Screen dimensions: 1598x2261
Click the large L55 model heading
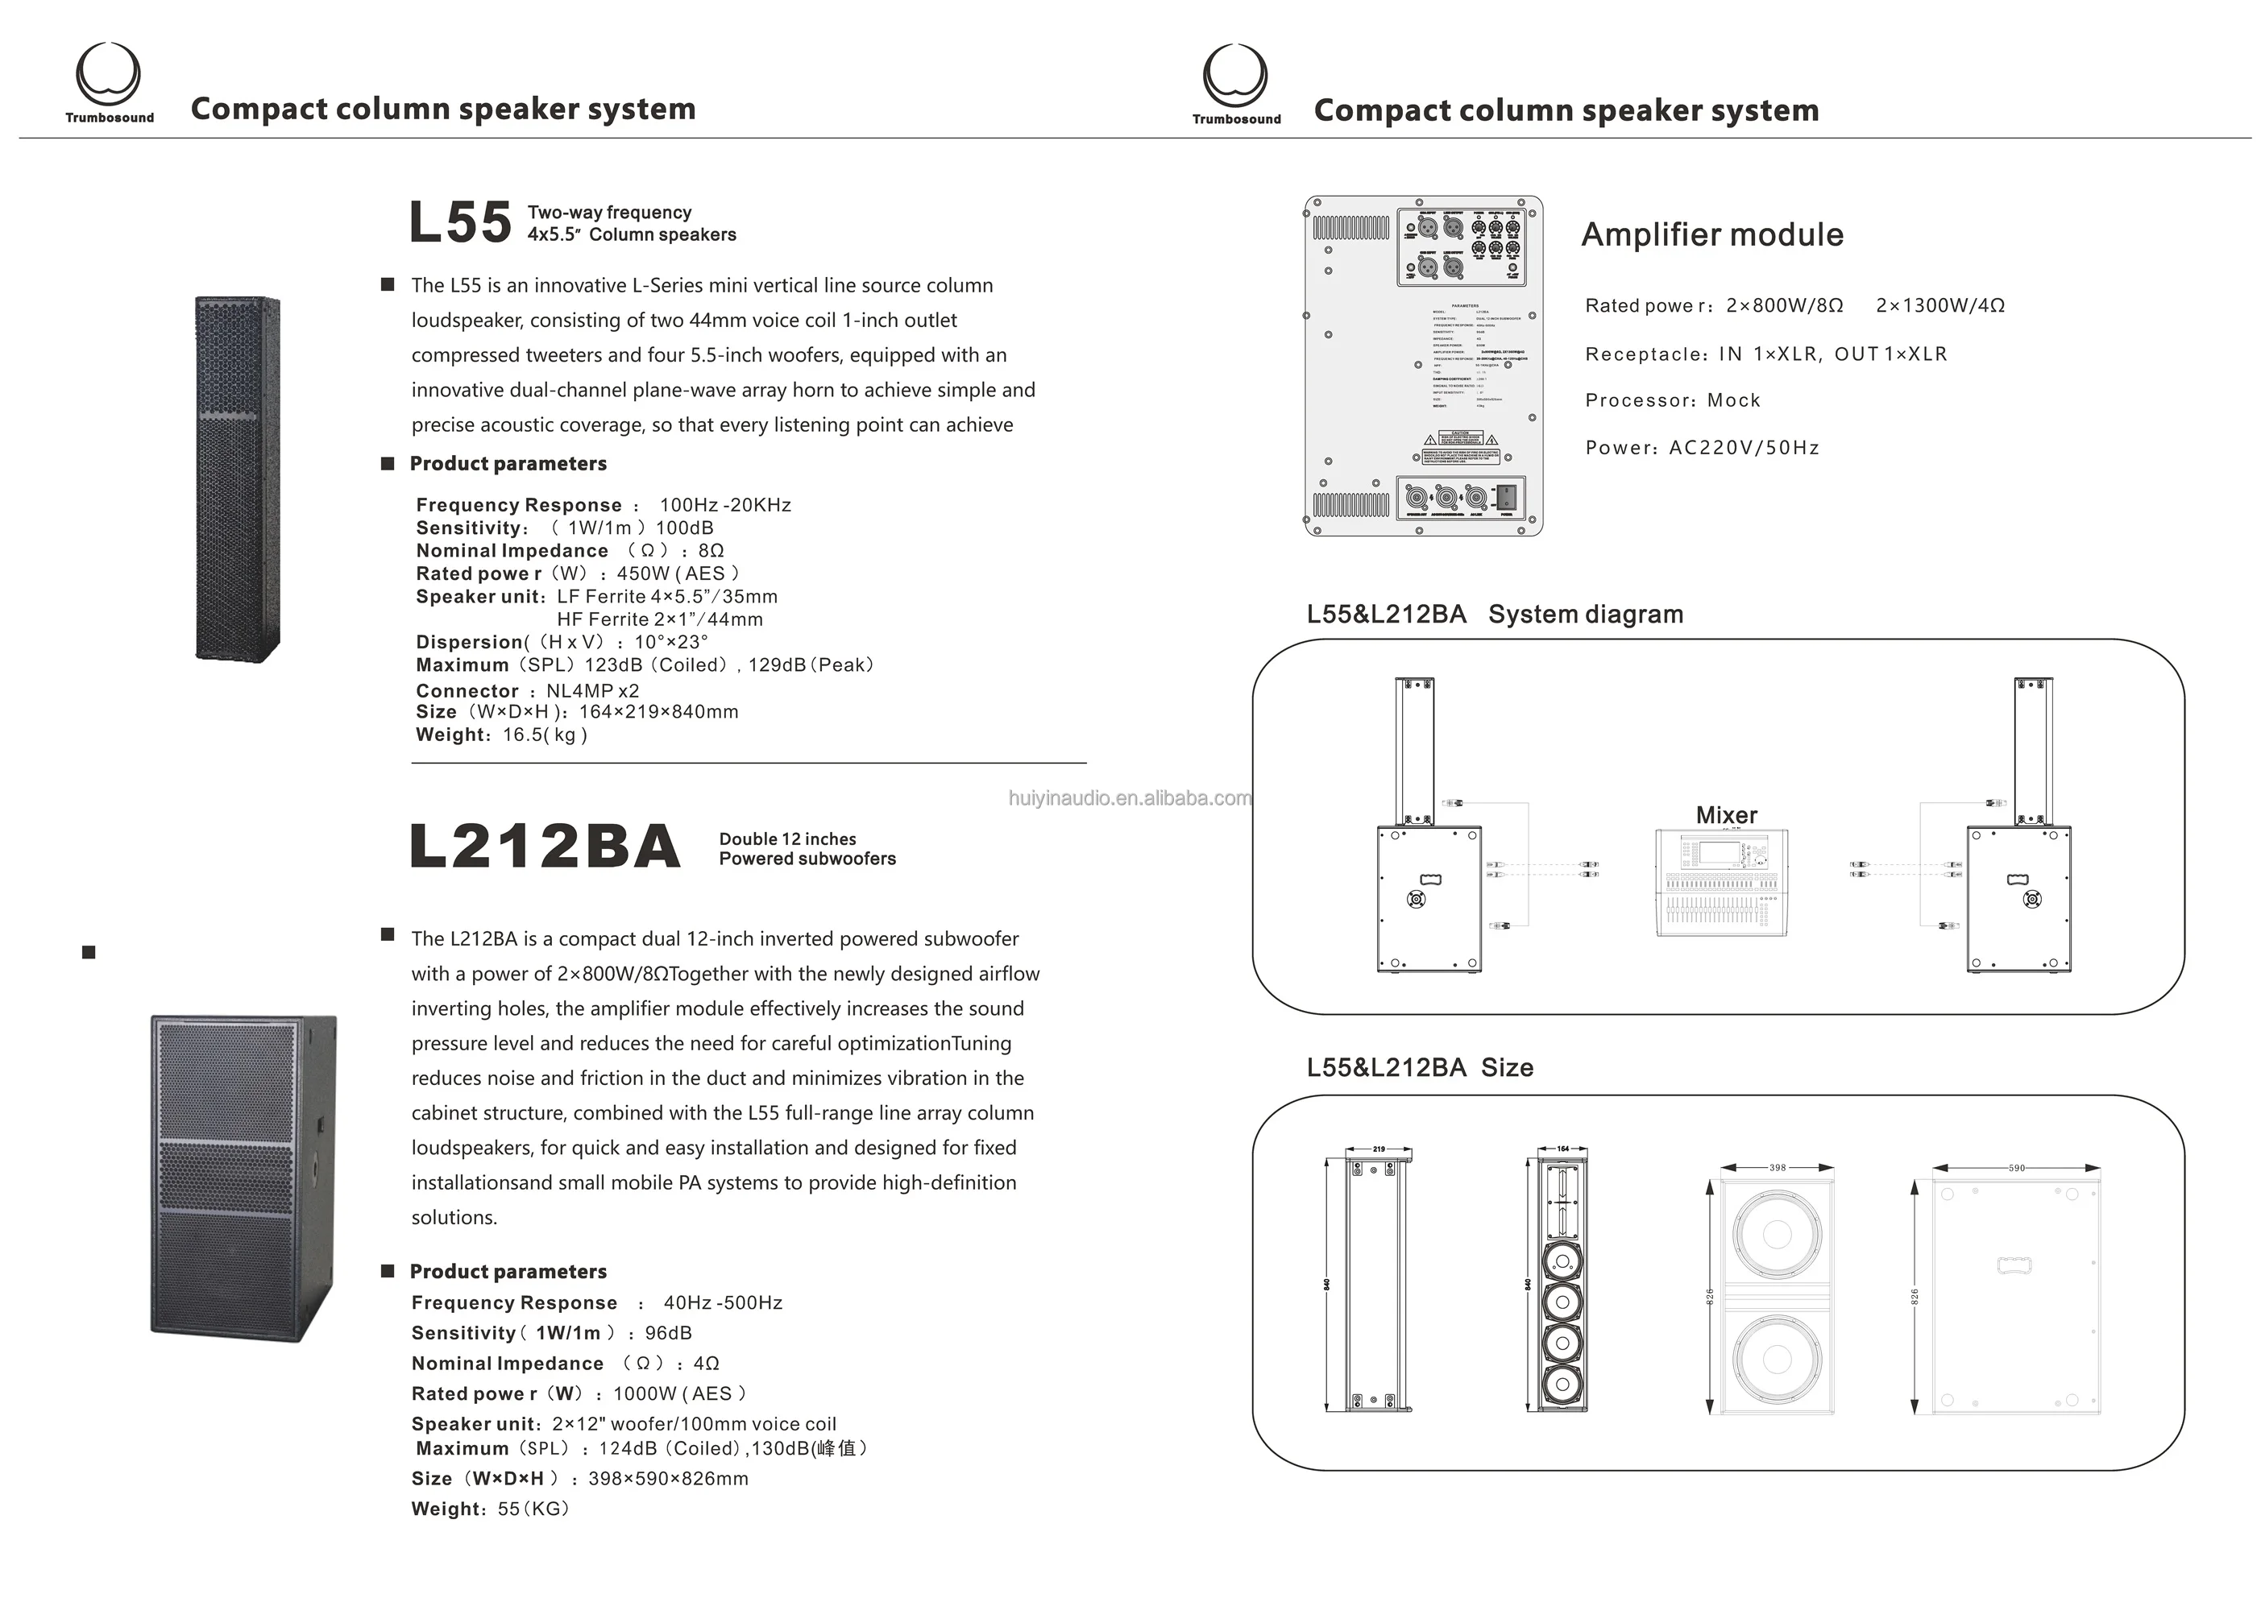460,222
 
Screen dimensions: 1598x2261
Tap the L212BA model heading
545,847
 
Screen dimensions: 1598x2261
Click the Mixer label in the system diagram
1726,815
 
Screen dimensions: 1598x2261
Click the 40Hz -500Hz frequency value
723,1302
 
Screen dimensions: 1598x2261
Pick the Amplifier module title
1711,234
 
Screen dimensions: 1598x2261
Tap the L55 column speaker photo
238,478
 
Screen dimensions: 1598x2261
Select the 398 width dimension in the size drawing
1778,1168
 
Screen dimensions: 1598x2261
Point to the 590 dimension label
2017,1168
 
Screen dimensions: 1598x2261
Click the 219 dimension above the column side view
1379,1149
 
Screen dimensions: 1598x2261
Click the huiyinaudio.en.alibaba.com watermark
1130,798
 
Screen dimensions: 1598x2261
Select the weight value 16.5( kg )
545,735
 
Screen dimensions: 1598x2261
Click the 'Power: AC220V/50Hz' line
1702,448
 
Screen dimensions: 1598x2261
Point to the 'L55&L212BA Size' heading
1419,1067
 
